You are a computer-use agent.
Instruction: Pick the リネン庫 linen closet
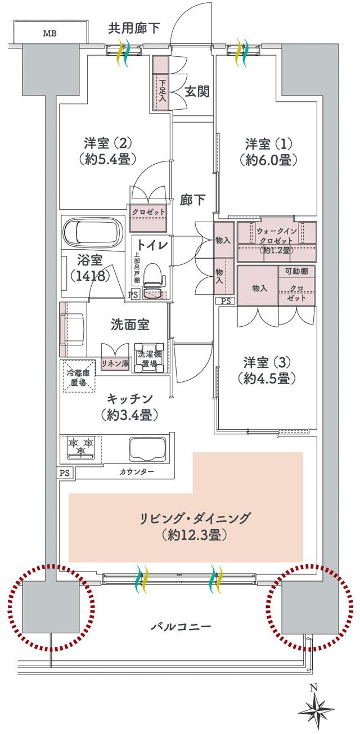click(x=115, y=363)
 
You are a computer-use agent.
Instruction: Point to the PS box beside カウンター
click(x=65, y=472)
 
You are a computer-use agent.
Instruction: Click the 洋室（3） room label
click(x=267, y=369)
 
